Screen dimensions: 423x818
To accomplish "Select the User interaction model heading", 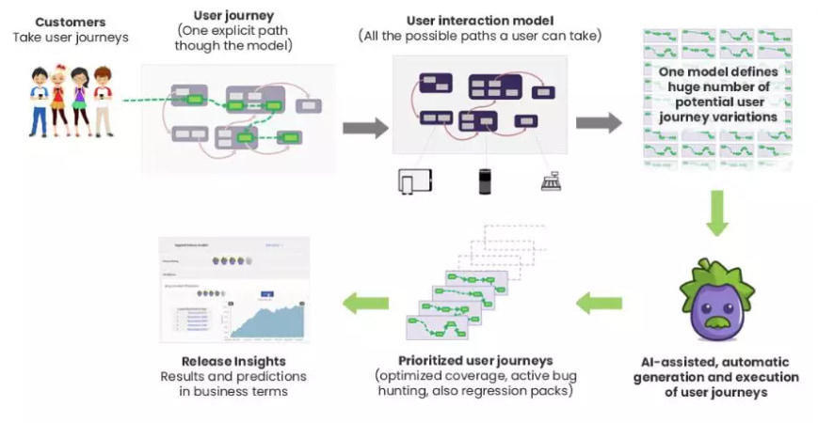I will [480, 20].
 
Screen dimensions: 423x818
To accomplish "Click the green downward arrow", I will [716, 212].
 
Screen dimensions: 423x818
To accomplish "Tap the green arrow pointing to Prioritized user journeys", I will [599, 303].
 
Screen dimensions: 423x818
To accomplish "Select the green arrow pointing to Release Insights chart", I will [365, 303].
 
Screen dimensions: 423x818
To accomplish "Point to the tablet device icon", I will [414, 180].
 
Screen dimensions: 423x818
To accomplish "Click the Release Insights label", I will [234, 361].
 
